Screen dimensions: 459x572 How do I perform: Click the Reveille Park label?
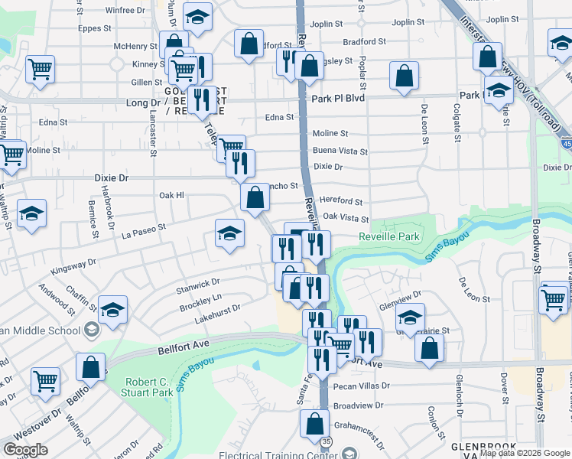pyautogui.click(x=389, y=237)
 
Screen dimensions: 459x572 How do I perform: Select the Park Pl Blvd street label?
pyautogui.click(x=338, y=99)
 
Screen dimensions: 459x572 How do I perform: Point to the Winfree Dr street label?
pyautogui.click(x=125, y=11)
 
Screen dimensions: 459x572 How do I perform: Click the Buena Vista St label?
pyautogui.click(x=340, y=151)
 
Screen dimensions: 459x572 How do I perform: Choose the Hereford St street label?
pyautogui.click(x=342, y=201)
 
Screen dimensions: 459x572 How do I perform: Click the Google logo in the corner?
pyautogui.click(x=25, y=449)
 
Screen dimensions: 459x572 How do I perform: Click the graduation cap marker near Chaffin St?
pyautogui.click(x=112, y=310)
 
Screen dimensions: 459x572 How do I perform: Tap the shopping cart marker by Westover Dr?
pyautogui.click(x=45, y=379)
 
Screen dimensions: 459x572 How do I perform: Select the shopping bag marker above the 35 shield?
pyautogui.click(x=315, y=422)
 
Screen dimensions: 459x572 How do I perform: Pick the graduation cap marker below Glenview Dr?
pyautogui.click(x=411, y=317)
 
